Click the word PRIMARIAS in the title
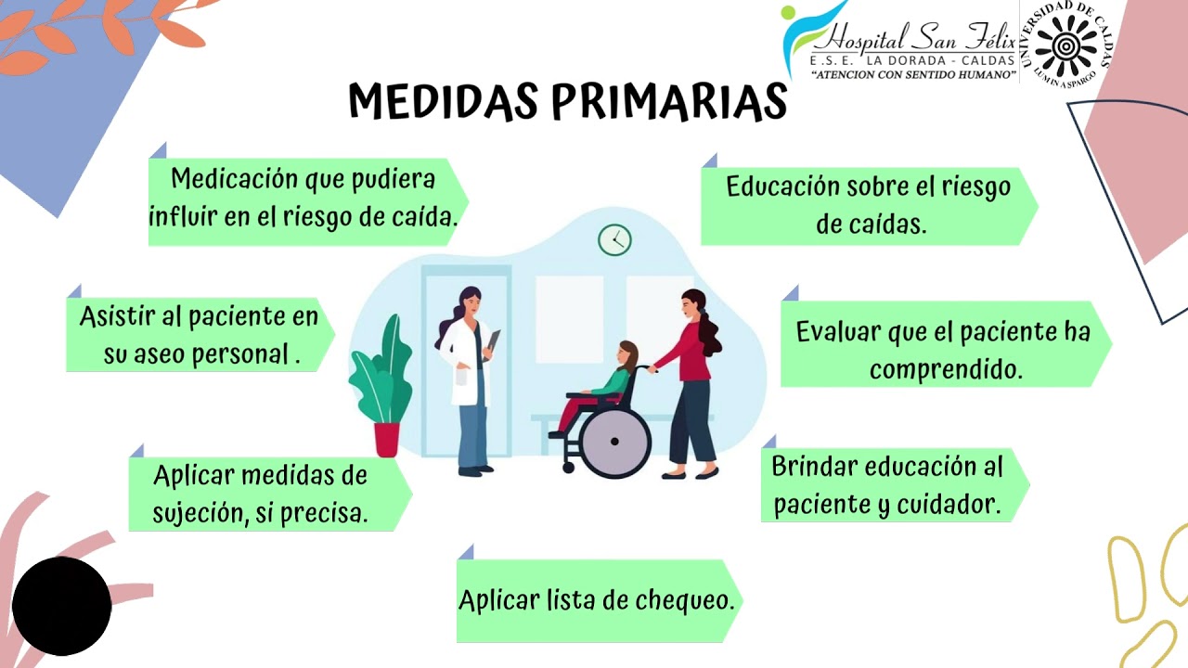click(x=669, y=101)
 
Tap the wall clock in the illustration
click(x=614, y=239)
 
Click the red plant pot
click(x=387, y=439)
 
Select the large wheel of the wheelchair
click(x=614, y=441)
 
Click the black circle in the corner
click(x=61, y=606)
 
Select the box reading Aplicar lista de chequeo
click(x=600, y=600)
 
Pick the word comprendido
click(x=946, y=369)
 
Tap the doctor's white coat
click(x=466, y=362)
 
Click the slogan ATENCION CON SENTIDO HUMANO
click(x=913, y=75)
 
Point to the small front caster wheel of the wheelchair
click(x=569, y=467)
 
